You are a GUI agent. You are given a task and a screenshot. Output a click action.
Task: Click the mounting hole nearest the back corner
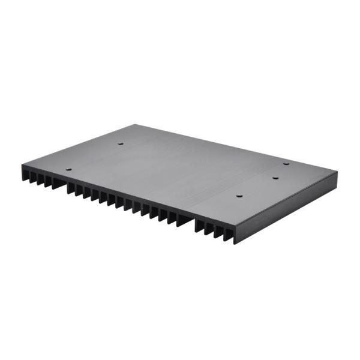coord(119,144)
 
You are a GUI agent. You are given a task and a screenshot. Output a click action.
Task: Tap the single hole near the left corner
coord(68,170)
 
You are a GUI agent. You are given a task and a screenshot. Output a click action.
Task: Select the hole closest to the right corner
coord(286,163)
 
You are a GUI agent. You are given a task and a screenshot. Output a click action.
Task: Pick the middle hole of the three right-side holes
coord(275,178)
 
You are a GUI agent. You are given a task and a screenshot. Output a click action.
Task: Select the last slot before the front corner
coord(229,233)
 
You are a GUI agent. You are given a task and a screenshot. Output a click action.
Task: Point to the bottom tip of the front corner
coord(235,244)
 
